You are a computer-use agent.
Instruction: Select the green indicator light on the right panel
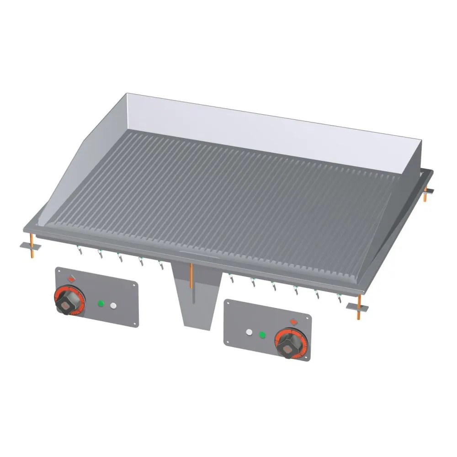pyautogui.click(x=262, y=335)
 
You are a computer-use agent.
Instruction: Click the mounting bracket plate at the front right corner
pyautogui.click(x=356, y=306)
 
